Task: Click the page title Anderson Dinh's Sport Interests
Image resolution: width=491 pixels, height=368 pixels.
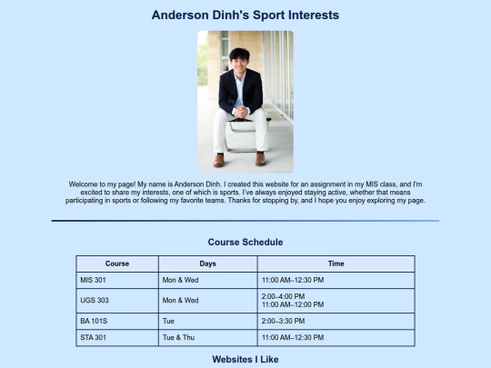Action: [x=245, y=15]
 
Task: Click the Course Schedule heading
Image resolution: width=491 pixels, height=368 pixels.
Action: [x=245, y=243]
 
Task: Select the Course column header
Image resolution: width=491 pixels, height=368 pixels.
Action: [x=117, y=264]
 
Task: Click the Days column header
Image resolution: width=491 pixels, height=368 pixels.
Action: [x=207, y=264]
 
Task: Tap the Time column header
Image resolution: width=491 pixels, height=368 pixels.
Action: [x=336, y=264]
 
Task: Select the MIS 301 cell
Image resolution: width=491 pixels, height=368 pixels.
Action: [x=94, y=280]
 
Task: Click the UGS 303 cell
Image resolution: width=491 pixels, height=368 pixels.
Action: [x=95, y=300]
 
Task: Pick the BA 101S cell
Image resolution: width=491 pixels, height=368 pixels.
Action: [x=94, y=321]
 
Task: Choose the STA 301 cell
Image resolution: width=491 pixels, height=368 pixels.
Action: [x=94, y=338]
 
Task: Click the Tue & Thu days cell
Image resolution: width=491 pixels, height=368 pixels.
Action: [x=180, y=338]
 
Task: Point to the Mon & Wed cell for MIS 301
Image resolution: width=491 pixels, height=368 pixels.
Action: [x=180, y=280]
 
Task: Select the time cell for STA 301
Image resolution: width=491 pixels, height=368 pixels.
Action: [x=292, y=338]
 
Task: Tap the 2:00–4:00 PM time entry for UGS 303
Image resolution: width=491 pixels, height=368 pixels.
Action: [x=283, y=296]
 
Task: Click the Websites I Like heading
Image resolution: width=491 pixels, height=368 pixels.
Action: [x=245, y=360]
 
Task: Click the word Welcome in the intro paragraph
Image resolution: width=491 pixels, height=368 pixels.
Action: [x=84, y=184]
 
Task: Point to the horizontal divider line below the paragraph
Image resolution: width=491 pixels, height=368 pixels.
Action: [x=245, y=221]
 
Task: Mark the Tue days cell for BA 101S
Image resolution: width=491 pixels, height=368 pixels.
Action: [x=168, y=321]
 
